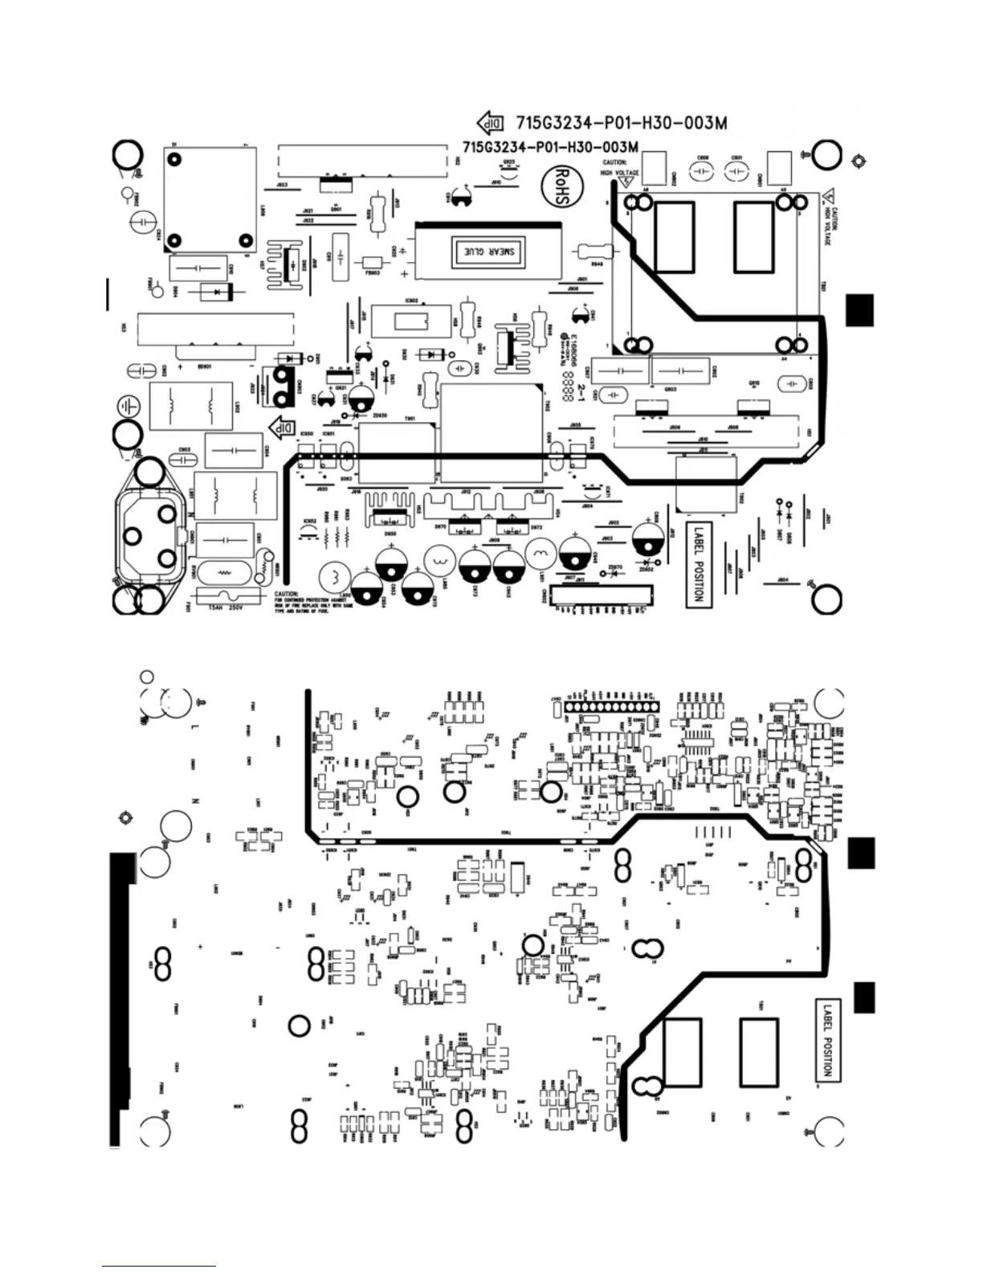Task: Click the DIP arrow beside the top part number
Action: pos(491,123)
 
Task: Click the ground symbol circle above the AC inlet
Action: pos(126,403)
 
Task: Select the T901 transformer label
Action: pos(410,420)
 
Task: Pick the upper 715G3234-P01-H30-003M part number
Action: pos(622,123)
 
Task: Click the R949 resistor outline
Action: pos(595,252)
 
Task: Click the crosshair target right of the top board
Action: pos(858,161)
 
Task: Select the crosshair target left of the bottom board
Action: pos(124,818)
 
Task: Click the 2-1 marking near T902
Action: pos(583,391)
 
